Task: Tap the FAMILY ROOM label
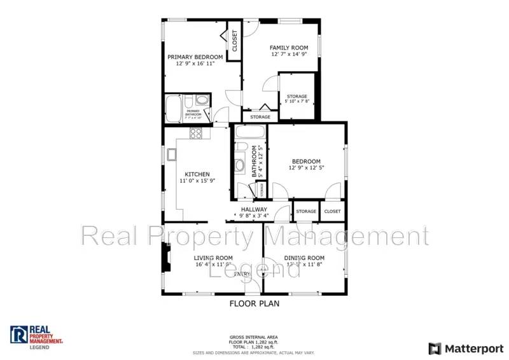point(289,48)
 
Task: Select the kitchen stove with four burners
point(196,134)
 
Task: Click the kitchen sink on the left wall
point(171,155)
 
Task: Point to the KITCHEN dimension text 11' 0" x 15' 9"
point(197,181)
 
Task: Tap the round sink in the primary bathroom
point(202,100)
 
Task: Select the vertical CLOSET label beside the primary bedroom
point(234,41)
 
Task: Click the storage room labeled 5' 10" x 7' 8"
point(296,99)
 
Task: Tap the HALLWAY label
point(254,209)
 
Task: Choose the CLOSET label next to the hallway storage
point(332,211)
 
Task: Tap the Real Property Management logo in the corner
point(37,335)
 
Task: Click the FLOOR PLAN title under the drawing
point(254,303)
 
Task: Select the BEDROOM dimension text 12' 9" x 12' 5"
point(306,168)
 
